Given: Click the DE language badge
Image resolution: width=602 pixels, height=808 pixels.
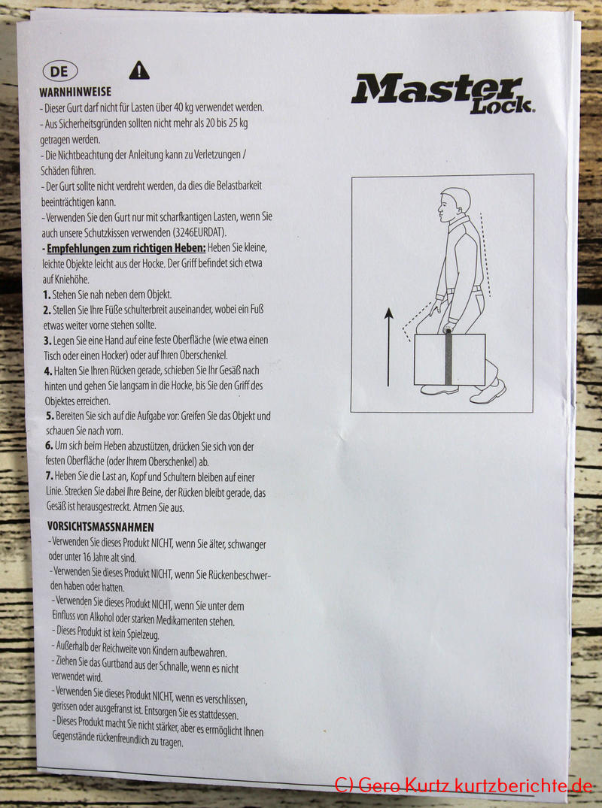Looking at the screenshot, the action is coord(60,71).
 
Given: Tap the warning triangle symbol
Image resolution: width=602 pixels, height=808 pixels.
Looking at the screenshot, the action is coord(138,71).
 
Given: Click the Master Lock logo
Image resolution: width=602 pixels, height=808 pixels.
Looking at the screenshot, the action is coord(442,93).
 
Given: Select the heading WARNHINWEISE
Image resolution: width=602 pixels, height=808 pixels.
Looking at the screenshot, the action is coord(75,92).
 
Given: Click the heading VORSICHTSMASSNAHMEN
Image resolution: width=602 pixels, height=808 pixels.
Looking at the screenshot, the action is coord(101,527).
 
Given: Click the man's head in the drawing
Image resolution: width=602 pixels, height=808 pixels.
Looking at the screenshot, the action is coord(454,204).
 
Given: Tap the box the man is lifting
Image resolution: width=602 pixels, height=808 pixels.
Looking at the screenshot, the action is coord(449,360).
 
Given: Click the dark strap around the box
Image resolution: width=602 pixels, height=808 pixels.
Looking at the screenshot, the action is coord(448,356).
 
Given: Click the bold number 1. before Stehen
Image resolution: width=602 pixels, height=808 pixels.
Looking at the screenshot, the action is coord(47,295).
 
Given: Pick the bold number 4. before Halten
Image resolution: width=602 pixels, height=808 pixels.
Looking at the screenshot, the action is coord(48,371).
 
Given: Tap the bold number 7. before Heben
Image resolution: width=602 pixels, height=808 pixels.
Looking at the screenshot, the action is coord(49,476).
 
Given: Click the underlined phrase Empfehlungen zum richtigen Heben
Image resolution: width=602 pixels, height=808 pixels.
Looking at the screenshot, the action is coord(126,248).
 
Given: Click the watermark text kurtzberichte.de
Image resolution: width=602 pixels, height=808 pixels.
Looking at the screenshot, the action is coord(524,785).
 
